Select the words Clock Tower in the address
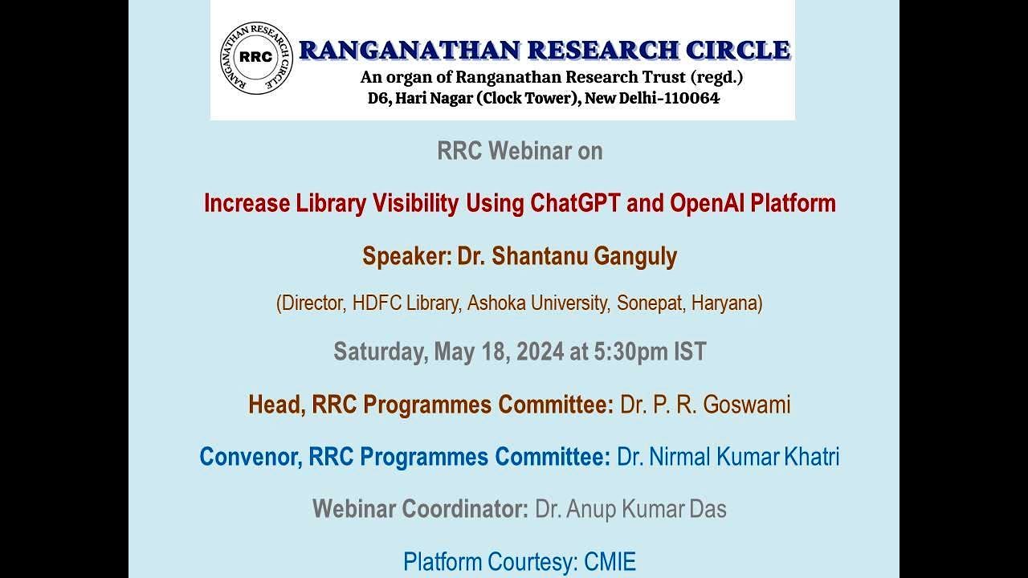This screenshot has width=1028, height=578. pyautogui.click(x=524, y=99)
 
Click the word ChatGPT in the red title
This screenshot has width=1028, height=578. pyautogui.click(x=575, y=203)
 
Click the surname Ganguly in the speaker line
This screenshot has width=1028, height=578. pyautogui.click(x=635, y=256)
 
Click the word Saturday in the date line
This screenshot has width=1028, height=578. pyautogui.click(x=381, y=352)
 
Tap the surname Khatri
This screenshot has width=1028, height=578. pyautogui.click(x=813, y=457)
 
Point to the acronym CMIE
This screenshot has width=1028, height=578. pyautogui.click(x=609, y=562)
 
